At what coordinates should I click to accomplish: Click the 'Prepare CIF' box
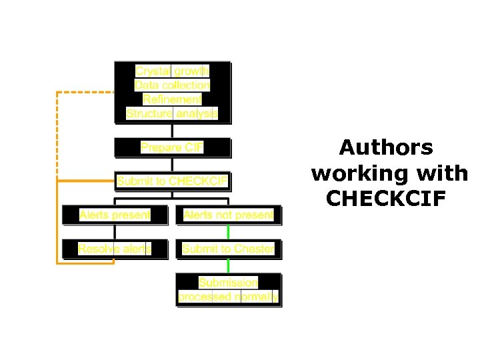point(172,147)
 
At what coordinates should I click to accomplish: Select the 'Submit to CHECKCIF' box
point(172,181)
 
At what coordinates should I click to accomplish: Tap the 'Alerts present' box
point(115,215)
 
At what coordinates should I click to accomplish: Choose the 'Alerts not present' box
point(228,215)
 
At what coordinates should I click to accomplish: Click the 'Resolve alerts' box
point(115,249)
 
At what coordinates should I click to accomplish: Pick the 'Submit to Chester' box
point(228,249)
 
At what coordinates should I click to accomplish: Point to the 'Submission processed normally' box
point(228,289)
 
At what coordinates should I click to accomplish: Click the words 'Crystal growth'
point(172,71)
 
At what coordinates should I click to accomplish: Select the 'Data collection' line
point(172,85)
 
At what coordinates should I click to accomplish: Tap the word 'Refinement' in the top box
point(172,99)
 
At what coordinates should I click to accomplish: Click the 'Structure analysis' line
point(172,113)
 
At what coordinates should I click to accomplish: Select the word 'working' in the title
point(358,173)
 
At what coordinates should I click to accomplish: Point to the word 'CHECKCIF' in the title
point(385,199)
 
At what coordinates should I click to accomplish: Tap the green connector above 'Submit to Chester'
point(228,232)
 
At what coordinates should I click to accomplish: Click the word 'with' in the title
point(440,173)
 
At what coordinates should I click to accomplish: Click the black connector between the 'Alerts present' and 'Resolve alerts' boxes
point(115,232)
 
